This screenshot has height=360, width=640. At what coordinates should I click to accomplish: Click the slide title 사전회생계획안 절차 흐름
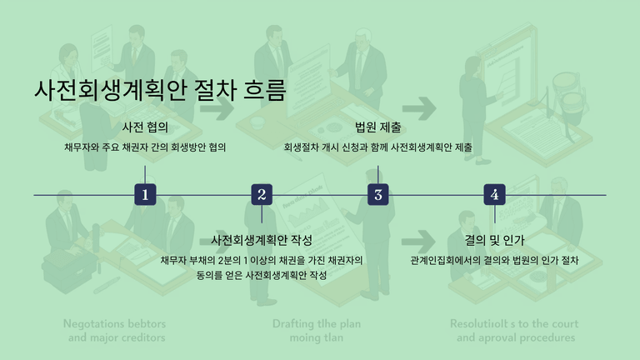pyautogui.click(x=160, y=90)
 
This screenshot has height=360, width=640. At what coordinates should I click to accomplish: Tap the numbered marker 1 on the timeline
pyautogui.click(x=145, y=195)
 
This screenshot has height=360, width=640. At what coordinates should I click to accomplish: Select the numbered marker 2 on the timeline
pyautogui.click(x=262, y=195)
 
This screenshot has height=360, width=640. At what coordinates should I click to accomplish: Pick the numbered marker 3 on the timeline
pyautogui.click(x=378, y=195)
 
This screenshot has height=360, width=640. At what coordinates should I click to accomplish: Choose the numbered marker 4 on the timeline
pyautogui.click(x=495, y=195)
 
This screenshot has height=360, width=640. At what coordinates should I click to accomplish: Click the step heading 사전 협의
pyautogui.click(x=145, y=127)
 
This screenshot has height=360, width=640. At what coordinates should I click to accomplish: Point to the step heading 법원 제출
pyautogui.click(x=378, y=127)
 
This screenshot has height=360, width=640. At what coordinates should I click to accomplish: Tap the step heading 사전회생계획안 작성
pyautogui.click(x=262, y=240)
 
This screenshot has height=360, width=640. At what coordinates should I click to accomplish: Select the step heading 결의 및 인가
pyautogui.click(x=495, y=240)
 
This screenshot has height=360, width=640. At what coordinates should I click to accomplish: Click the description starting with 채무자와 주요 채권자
pyautogui.click(x=145, y=147)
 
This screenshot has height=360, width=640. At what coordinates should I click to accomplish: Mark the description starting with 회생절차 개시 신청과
pyautogui.click(x=378, y=147)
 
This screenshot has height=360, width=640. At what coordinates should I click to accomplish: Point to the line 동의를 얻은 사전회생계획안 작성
pyautogui.click(x=262, y=276)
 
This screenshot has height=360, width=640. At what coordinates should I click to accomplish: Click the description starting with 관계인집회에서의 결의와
pyautogui.click(x=495, y=260)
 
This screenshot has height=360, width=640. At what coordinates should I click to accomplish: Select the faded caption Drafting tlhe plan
pyautogui.click(x=317, y=323)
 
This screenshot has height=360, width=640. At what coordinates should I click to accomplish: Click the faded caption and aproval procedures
pyautogui.click(x=515, y=338)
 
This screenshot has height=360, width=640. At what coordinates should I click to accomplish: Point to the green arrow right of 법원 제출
pyautogui.click(x=420, y=107)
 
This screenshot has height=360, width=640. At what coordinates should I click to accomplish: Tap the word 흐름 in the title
pyautogui.click(x=265, y=90)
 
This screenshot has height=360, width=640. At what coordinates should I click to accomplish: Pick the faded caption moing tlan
pyautogui.click(x=317, y=338)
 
